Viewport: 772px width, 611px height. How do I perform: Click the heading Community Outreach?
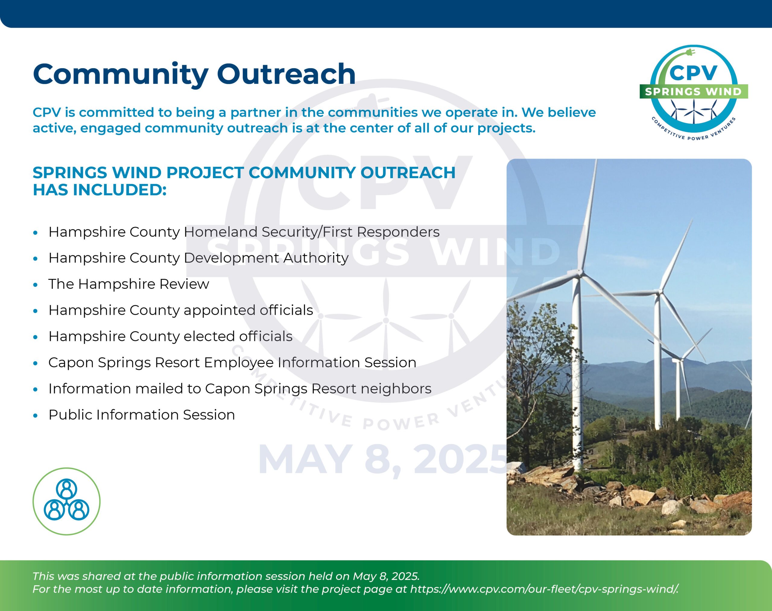(x=194, y=74)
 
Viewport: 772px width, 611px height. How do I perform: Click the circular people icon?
(x=67, y=501)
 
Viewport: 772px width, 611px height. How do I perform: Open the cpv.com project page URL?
(x=544, y=589)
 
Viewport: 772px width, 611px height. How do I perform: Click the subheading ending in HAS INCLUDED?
(x=244, y=181)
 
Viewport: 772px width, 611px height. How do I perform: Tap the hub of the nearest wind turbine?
(x=579, y=274)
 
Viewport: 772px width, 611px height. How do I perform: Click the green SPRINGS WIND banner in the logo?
(x=694, y=92)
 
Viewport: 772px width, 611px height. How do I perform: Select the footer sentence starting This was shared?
(x=226, y=576)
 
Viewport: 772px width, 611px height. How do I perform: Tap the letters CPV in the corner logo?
(x=693, y=73)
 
